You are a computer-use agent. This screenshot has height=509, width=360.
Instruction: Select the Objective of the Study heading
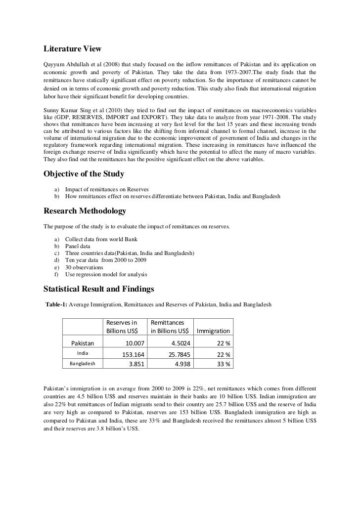coord(84,173)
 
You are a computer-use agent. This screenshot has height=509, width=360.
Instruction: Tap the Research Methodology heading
coord(85,211)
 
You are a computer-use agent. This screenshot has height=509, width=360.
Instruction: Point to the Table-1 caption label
coord(55,304)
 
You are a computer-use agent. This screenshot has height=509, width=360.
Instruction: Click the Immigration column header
coord(213,331)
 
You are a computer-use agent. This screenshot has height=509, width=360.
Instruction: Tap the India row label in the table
coord(83,353)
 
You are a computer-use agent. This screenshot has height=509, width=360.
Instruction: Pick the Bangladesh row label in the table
coord(83,364)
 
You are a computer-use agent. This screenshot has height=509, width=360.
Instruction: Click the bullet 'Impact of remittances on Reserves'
coord(106,189)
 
